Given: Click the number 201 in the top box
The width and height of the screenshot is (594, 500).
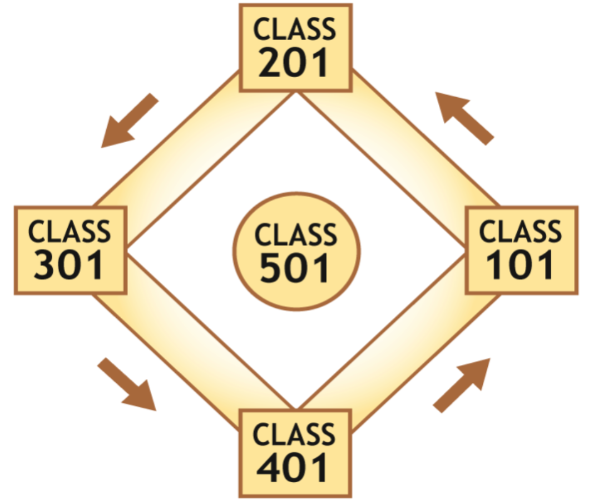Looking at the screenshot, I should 295,64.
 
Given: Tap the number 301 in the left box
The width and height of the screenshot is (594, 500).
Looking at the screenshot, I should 70,266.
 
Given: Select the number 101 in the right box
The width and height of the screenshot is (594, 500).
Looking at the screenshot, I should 521,266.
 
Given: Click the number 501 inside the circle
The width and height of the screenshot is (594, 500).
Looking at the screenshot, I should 295,268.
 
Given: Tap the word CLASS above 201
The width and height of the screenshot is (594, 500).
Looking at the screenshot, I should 295,29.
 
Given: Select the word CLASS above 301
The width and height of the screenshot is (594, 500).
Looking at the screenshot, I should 70,231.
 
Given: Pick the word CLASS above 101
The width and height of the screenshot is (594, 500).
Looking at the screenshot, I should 521,231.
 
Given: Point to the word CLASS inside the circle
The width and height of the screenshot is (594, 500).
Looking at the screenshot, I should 296,235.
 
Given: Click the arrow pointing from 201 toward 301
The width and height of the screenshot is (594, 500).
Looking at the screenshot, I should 129,121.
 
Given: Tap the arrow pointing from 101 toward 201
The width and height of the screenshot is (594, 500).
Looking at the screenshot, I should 464,118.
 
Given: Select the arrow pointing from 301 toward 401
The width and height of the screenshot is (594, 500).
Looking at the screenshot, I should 127,384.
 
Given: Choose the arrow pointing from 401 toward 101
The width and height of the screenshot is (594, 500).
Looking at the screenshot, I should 462,385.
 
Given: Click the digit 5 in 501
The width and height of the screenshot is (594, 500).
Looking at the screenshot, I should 271,268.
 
